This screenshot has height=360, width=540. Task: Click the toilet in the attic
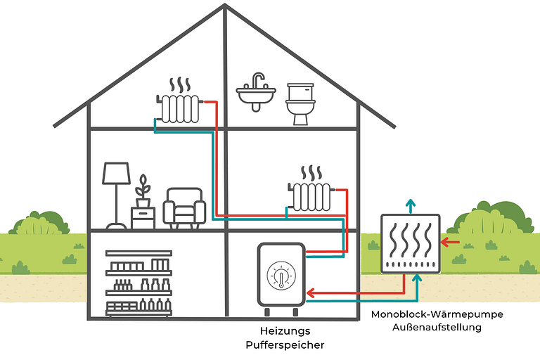[x=300, y=104]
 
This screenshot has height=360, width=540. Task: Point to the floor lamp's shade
[x=117, y=173]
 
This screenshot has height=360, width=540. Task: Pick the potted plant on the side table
[x=143, y=188]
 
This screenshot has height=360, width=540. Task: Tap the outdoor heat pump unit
[x=411, y=243]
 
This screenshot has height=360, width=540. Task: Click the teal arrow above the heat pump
[x=411, y=205]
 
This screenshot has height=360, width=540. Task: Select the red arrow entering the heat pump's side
[x=450, y=243]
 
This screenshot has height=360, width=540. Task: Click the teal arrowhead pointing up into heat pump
[x=418, y=278]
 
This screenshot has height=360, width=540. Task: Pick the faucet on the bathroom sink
[x=259, y=78]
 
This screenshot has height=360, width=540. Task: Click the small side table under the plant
[x=143, y=217]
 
